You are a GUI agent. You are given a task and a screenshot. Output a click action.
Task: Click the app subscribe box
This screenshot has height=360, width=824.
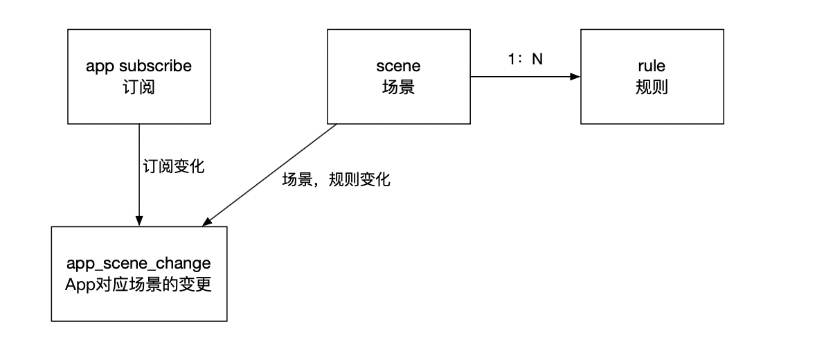coord(138,77)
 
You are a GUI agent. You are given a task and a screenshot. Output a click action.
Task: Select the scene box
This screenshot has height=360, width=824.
coord(398,77)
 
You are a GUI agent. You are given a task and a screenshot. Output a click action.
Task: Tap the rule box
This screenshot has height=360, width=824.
coord(652,77)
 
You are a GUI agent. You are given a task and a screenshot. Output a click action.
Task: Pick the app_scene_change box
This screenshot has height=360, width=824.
coord(139,274)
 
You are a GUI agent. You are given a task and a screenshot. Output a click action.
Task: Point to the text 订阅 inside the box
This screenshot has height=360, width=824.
coord(138,87)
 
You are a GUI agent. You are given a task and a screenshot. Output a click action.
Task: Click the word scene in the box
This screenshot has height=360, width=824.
coord(398,67)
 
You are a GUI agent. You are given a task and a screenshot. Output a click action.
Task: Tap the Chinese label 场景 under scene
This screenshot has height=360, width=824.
coord(398,87)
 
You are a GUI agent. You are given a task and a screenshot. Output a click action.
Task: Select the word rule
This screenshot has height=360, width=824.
coord(652,67)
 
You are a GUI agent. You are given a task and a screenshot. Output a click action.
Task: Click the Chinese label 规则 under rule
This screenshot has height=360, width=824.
coord(652,87)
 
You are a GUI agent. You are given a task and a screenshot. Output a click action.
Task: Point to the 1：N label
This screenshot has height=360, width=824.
coord(524,60)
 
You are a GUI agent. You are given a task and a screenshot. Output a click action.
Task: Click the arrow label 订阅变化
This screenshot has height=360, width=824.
coord(172,167)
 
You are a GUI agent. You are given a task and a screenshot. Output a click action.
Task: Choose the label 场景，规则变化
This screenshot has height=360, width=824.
coord(337,181)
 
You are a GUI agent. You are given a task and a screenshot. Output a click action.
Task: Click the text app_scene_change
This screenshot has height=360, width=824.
coord(138,264)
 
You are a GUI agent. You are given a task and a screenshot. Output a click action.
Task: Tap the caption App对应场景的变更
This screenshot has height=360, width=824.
coord(138,285)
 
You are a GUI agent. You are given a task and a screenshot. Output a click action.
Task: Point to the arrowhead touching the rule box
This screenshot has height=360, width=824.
coord(575,77)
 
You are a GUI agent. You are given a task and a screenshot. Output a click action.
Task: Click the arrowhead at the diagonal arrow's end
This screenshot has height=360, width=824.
coord(206,222)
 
